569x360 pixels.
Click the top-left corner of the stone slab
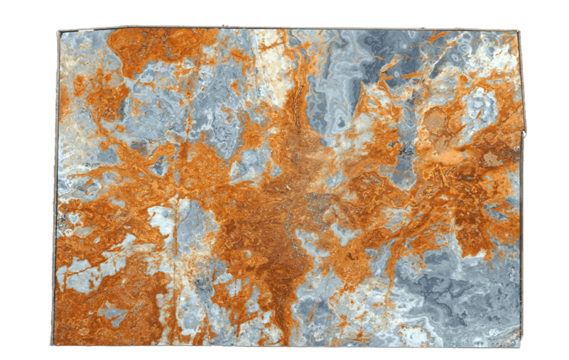click(x=59, y=31)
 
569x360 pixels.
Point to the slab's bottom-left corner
click(x=52, y=344)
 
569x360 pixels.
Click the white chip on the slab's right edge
click(x=525, y=134)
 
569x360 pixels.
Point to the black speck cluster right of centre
click(x=404, y=152)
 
